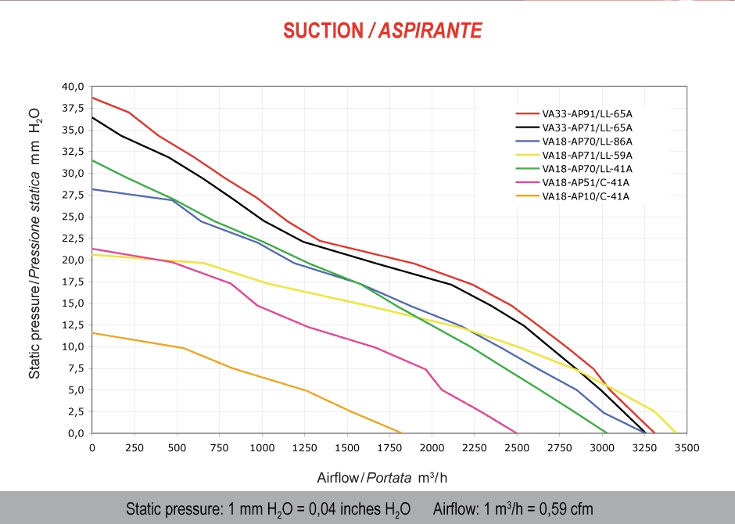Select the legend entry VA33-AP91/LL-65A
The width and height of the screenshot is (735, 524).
[586, 113]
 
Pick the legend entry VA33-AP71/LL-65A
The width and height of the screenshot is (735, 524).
[586, 127]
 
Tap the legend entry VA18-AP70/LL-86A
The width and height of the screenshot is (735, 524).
[586, 142]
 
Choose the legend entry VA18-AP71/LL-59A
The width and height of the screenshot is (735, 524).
[586, 156]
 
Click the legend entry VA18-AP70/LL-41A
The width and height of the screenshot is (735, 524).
[586, 169]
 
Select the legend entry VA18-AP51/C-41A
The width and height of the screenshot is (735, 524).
[585, 183]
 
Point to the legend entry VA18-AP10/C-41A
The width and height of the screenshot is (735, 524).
[585, 196]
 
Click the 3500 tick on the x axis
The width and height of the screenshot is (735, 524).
[686, 448]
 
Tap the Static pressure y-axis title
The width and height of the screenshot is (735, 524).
[34, 242]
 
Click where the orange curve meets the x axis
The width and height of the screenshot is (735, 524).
[401, 432]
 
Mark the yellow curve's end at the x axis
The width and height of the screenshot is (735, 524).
[676, 432]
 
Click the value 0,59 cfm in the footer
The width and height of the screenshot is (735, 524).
[564, 509]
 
